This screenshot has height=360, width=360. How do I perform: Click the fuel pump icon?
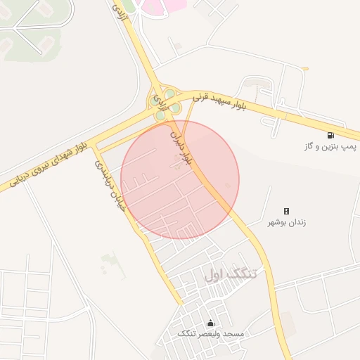click(330, 135)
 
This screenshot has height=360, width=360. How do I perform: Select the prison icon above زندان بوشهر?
click(286, 211)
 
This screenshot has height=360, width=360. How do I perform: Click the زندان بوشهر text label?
click(286, 222)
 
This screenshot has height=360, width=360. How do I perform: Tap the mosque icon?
click(212, 323)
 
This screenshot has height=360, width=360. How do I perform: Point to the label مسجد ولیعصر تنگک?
click(211, 333)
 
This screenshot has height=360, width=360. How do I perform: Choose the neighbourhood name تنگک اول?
click(230, 274)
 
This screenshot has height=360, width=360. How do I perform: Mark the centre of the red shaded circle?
click(180, 179)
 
